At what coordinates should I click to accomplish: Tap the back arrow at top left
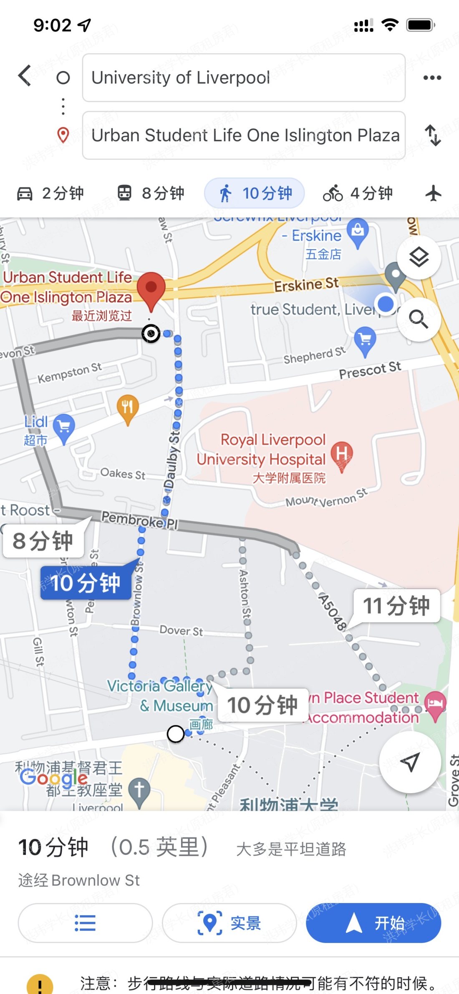(x=25, y=76)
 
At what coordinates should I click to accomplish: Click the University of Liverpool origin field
(x=244, y=78)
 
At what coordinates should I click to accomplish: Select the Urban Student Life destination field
(x=244, y=135)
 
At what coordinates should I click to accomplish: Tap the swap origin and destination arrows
(x=433, y=135)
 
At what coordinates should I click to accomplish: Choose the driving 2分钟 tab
(x=50, y=193)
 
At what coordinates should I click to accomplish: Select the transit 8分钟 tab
(x=151, y=193)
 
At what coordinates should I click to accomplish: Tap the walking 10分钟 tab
(x=254, y=193)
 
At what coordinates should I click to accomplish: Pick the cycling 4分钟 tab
(x=358, y=193)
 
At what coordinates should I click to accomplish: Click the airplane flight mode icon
(x=434, y=193)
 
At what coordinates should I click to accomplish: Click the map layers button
(x=419, y=257)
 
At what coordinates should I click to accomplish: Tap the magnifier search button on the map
(x=419, y=319)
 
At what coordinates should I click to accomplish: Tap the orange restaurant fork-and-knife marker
(x=128, y=407)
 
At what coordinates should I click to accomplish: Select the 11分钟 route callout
(x=396, y=606)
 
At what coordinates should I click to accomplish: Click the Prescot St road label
(x=370, y=370)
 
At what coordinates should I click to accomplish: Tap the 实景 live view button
(x=229, y=923)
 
